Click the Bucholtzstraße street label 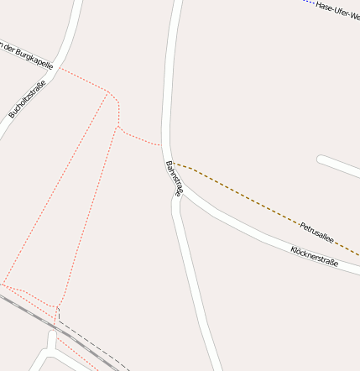pyautogui.click(x=27, y=98)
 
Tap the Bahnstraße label pyautogui.click(x=174, y=178)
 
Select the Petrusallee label pyautogui.click(x=316, y=233)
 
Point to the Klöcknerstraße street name pyautogui.click(x=314, y=256)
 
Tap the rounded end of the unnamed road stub pyautogui.click(x=321, y=158)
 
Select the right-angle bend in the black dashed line pyautogui.click(x=59, y=317)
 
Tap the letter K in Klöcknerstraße pyautogui.click(x=294, y=249)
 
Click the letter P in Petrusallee pyautogui.click(x=302, y=226)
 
